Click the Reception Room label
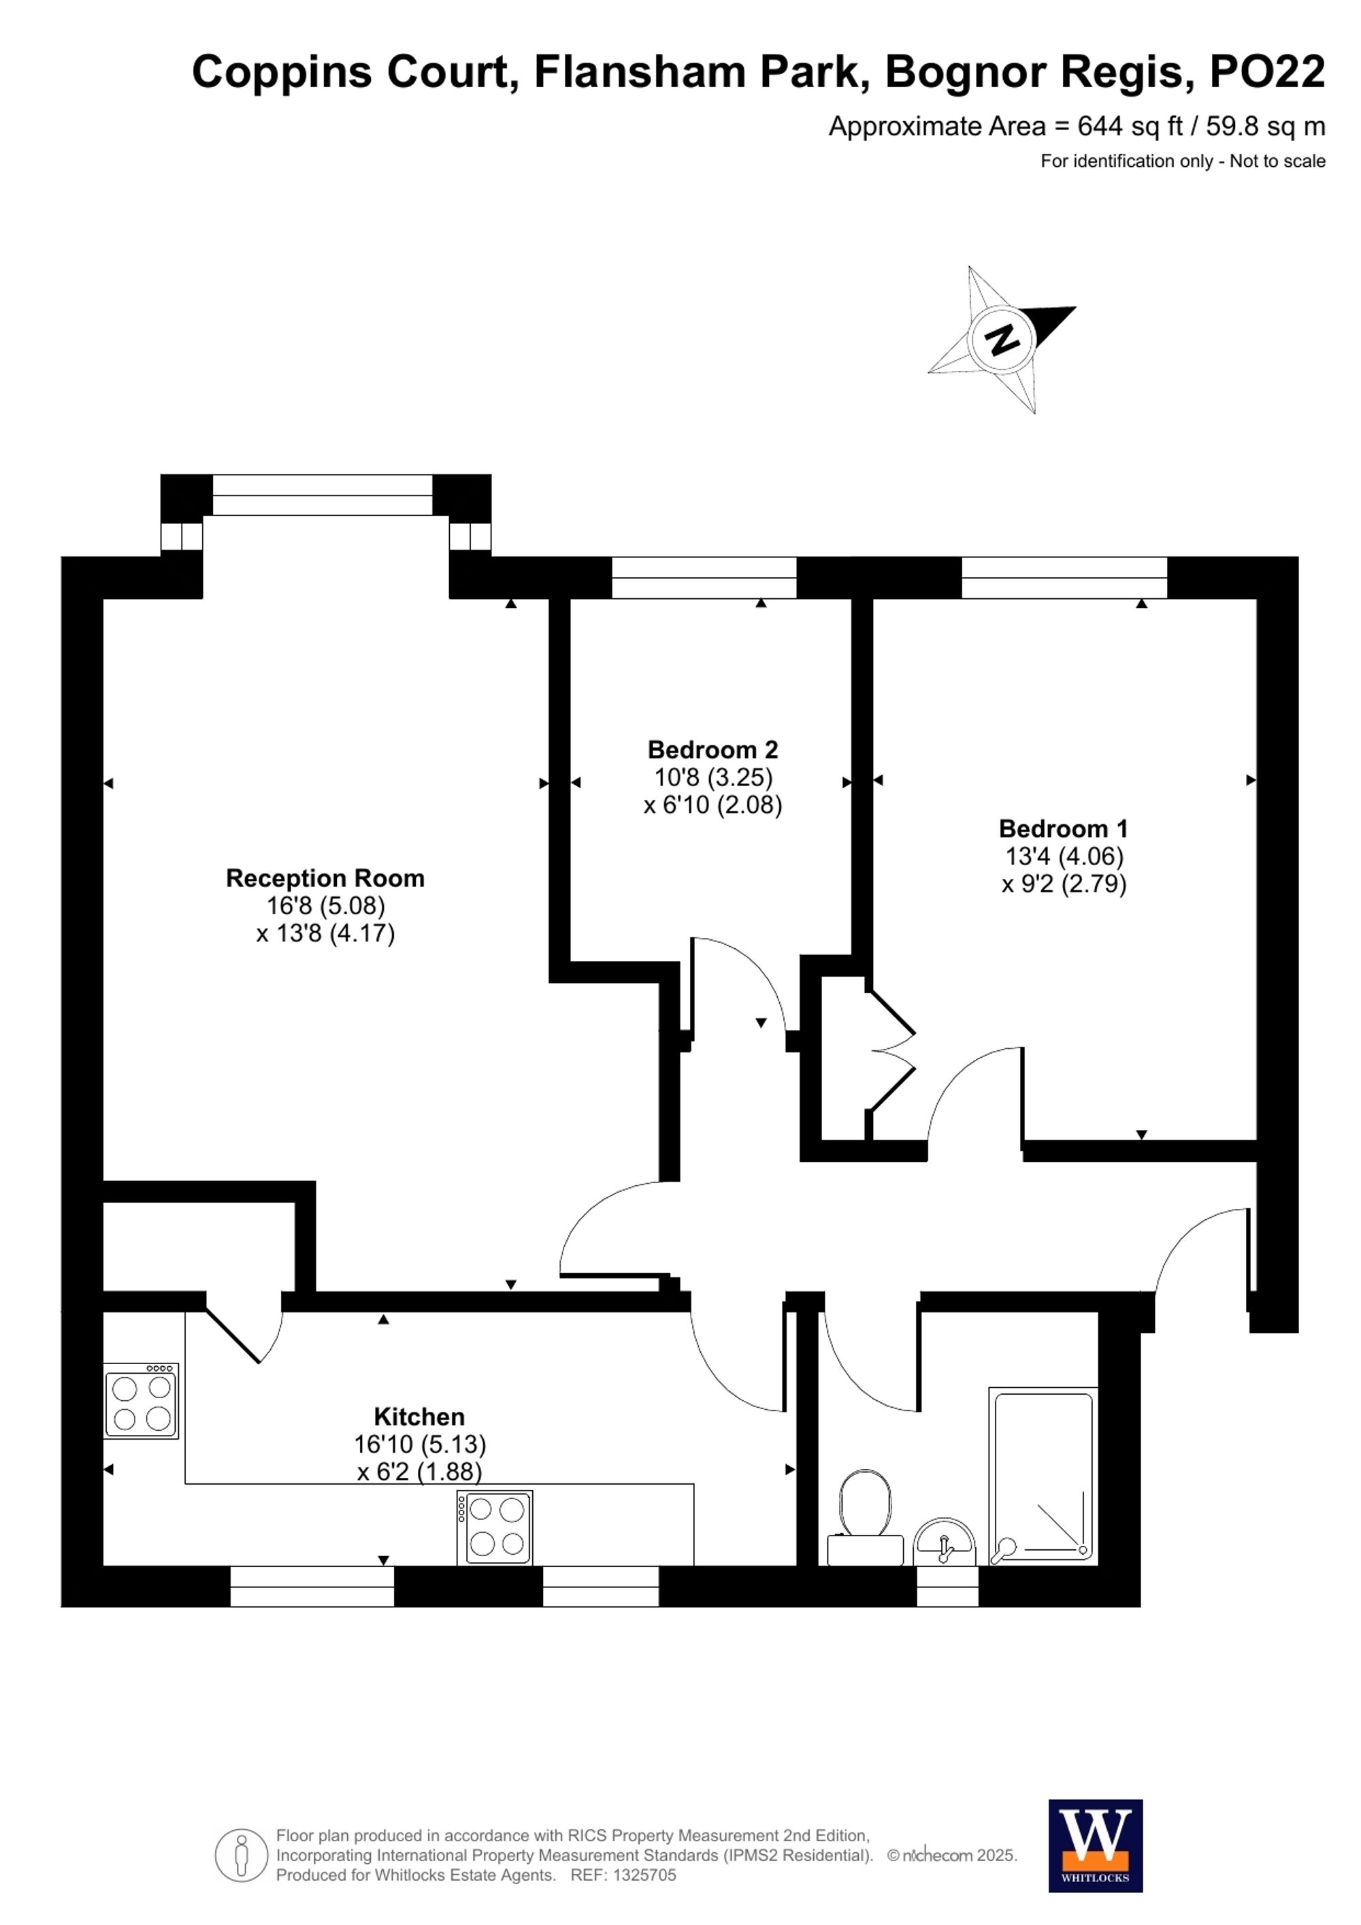(x=325, y=878)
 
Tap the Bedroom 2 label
(x=712, y=749)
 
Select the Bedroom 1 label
(x=1063, y=828)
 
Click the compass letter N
(x=1003, y=340)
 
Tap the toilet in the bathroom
(x=865, y=1519)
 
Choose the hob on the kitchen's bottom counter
(x=495, y=1527)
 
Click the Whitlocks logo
(x=1096, y=1845)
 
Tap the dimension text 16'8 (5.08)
(x=325, y=905)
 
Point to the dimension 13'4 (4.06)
(x=1064, y=856)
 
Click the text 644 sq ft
(x=1130, y=127)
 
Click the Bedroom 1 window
(x=1064, y=578)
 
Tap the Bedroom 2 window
(x=704, y=578)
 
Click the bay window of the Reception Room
(x=323, y=495)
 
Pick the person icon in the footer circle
(x=242, y=1856)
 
